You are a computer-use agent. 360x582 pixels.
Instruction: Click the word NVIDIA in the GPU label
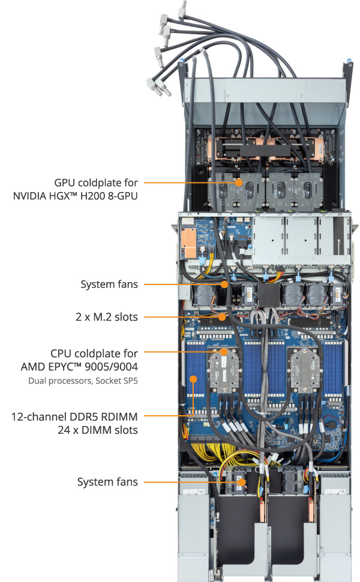[35, 196]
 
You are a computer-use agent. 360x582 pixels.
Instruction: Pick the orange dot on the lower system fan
[240, 481]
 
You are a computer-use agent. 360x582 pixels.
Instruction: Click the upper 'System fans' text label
[109, 284]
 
